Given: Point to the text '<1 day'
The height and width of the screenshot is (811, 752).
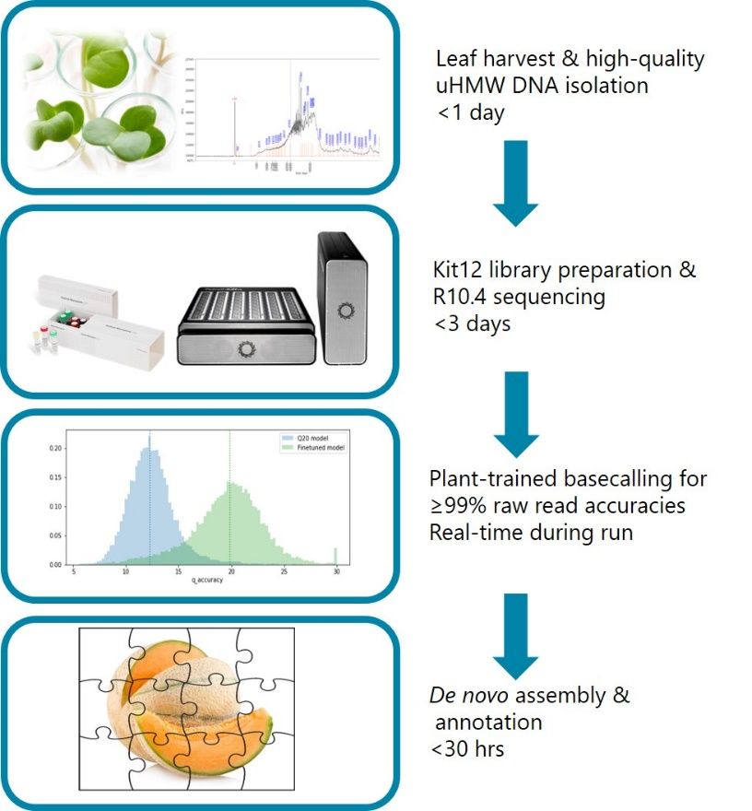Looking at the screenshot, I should click(470, 112).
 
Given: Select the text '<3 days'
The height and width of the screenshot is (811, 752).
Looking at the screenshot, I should click(474, 324).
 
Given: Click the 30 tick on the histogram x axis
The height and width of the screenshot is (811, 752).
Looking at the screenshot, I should click(336, 572).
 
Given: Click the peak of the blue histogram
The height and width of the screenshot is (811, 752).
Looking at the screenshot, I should click(148, 450).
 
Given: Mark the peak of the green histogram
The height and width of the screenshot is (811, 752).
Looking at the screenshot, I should click(229, 493).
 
